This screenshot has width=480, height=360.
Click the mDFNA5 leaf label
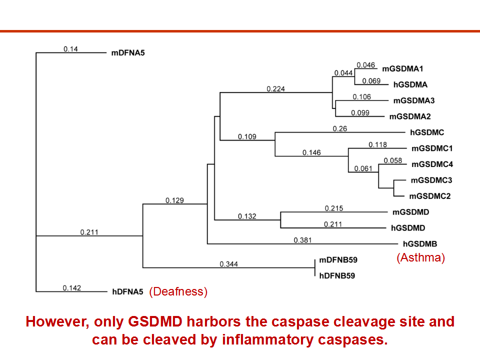(128, 53)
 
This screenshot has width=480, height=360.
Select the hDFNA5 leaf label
(127, 291)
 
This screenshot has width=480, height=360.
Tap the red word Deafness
(178, 291)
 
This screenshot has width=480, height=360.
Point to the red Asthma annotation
(420, 258)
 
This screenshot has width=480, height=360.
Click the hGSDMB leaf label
(420, 244)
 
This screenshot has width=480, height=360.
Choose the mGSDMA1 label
(402, 69)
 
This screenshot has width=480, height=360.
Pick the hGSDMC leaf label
(427, 132)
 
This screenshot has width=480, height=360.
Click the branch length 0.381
(303, 240)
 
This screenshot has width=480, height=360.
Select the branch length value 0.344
(228, 264)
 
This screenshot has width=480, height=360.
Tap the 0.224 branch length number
(276, 89)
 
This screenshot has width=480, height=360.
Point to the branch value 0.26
(340, 129)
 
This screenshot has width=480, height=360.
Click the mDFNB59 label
(338, 260)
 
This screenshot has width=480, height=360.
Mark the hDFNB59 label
(337, 276)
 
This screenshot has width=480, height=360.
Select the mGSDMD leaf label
(411, 212)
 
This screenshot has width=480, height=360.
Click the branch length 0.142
(72, 288)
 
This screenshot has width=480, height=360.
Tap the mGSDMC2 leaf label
(430, 196)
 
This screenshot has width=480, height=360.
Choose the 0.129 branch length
(175, 200)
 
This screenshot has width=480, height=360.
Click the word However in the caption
(57, 321)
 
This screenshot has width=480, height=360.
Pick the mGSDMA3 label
(414, 100)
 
